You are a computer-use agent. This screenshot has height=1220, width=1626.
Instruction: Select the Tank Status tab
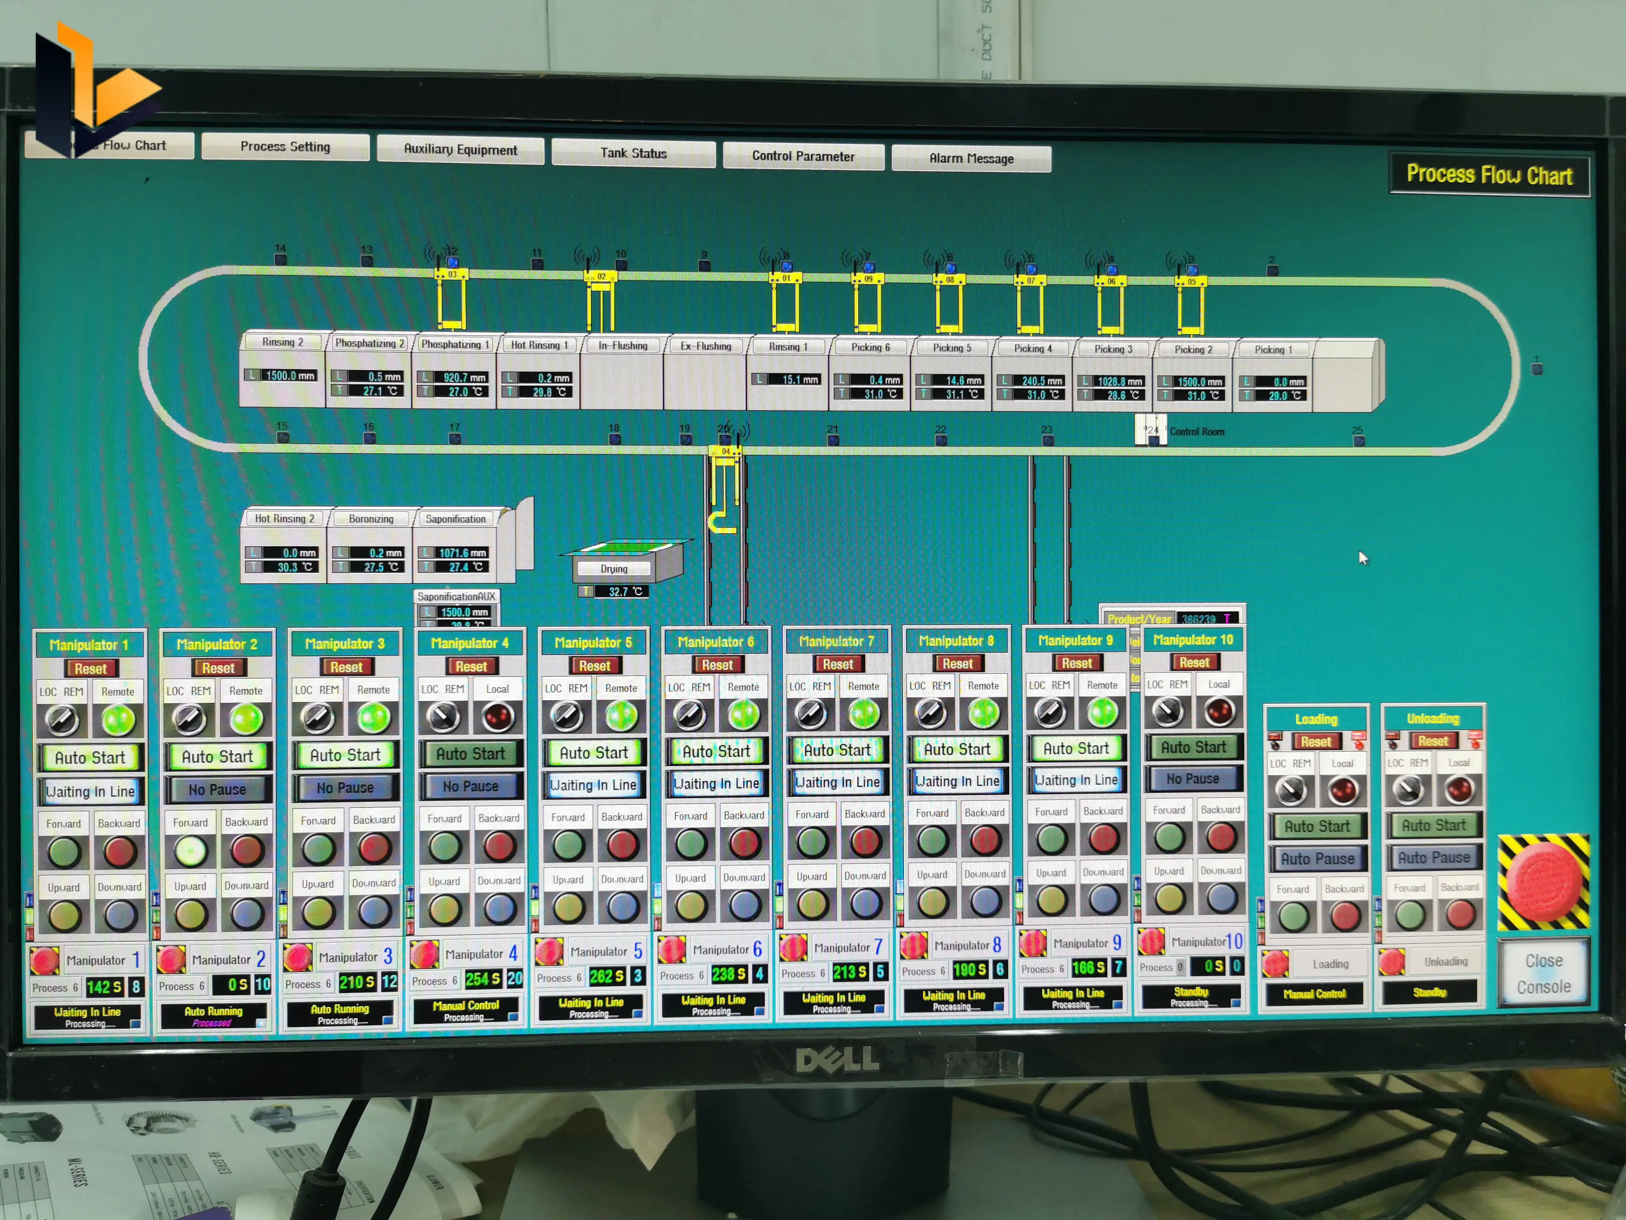pyautogui.click(x=633, y=153)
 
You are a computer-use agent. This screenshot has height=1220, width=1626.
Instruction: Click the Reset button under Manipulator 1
pyautogui.click(x=90, y=668)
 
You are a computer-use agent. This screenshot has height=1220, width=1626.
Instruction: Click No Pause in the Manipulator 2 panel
pyautogui.click(x=217, y=789)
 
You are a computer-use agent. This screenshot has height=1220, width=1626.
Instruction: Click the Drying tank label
pyautogui.click(x=614, y=569)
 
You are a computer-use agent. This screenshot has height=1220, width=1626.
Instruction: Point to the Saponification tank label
pyautogui.click(x=455, y=519)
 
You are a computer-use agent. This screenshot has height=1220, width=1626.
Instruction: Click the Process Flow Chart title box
pyautogui.click(x=1489, y=175)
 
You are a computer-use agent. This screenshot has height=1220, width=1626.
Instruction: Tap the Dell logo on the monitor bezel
pyautogui.click(x=837, y=1059)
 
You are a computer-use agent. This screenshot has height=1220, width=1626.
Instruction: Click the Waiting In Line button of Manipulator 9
pyautogui.click(x=1076, y=779)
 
